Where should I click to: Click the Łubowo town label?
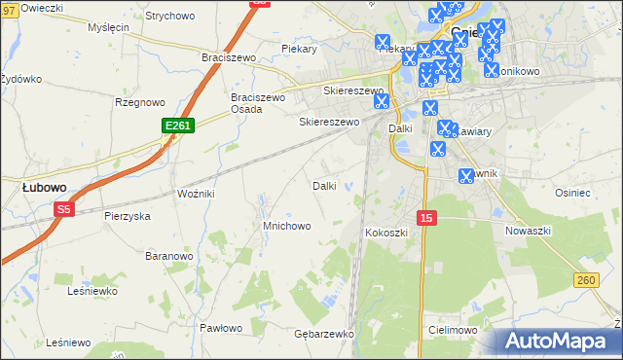coord(44,186)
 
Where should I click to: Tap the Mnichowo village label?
coord(287,226)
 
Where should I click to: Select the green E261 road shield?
coord(178,126)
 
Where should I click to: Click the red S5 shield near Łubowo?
coord(64,209)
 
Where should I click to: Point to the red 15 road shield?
coord(426,218)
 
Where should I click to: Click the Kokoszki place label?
coord(386,234)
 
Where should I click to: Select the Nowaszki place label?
coord(529,231)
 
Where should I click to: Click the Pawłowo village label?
coord(220,328)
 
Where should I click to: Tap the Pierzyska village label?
coord(127,216)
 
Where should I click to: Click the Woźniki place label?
coord(196,194)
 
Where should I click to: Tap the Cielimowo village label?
coord(451,331)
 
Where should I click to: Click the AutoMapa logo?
coord(556,342)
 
